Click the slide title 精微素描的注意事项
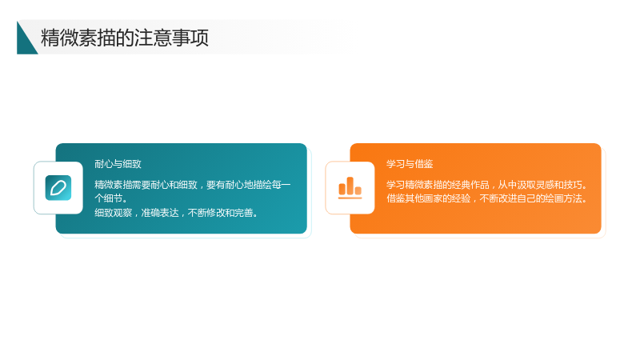coord(125,38)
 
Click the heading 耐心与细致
coord(118,164)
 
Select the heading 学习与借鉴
coord(410,164)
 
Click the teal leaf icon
coord(58,188)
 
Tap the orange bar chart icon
coord(350,188)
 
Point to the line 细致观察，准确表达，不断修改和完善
coord(176,213)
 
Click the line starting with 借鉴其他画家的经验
coord(487,198)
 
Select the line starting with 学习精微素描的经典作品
coord(487,185)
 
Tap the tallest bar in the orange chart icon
coord(350,186)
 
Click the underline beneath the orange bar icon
coord(350,198)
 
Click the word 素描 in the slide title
coord(96,38)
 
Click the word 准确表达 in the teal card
coord(160,213)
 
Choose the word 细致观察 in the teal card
coord(113,213)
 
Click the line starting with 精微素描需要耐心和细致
coord(193,185)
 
